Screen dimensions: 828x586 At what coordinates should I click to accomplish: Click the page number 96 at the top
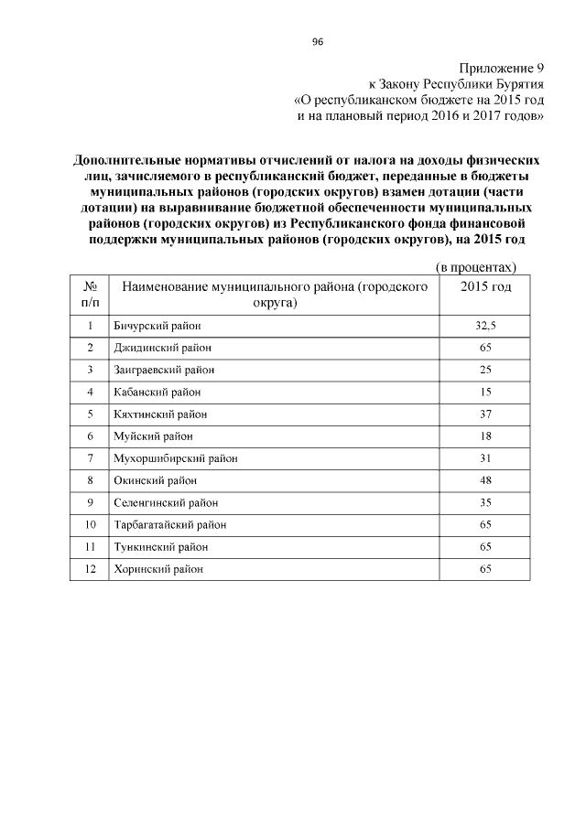(318, 42)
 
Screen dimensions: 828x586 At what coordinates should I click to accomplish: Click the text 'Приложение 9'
(501, 68)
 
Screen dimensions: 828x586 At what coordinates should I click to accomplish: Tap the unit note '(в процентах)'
(475, 266)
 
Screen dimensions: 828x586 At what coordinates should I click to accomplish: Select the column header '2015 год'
(485, 286)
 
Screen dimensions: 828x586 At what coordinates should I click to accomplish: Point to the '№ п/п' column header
(90, 294)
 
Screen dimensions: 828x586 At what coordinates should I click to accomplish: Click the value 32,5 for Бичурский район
(485, 326)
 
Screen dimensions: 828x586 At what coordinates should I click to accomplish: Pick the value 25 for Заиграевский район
(485, 370)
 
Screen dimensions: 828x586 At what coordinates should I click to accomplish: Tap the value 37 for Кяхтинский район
(485, 414)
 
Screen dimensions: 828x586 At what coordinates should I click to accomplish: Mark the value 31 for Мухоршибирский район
(485, 457)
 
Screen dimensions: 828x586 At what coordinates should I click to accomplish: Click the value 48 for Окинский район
(485, 480)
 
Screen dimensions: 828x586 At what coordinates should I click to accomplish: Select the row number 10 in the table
(90, 524)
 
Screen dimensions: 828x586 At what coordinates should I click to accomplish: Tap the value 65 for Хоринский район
(485, 569)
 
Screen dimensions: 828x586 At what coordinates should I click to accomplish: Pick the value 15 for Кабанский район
(485, 392)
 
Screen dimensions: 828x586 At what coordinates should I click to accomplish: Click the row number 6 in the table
(90, 436)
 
